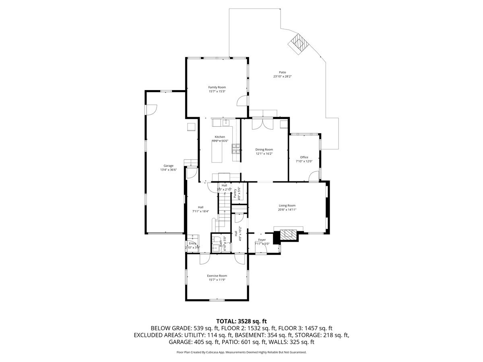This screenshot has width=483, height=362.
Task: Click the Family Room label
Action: pos(217,87)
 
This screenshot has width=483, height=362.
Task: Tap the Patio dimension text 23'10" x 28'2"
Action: pos(282,76)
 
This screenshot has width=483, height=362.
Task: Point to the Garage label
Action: pos(168,166)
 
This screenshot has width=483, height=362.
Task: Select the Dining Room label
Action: pos(264,150)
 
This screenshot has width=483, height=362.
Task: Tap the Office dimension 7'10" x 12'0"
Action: pos(304,161)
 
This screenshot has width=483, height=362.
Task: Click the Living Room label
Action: pos(287,206)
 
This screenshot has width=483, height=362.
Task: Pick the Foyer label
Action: pos(262,240)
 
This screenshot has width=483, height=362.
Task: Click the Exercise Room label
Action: pos(217,276)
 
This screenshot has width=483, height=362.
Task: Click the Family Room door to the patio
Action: pos(242,101)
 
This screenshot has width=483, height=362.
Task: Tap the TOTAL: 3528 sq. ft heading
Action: pos(242,321)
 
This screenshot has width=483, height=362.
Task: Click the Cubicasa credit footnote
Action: pos(242,352)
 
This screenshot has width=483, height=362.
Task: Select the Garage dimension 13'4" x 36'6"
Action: pos(168,170)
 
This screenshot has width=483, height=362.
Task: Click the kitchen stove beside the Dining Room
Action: pos(235,149)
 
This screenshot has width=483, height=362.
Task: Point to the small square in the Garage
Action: pos(190,127)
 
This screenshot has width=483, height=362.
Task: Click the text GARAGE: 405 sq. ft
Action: pos(194,342)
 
